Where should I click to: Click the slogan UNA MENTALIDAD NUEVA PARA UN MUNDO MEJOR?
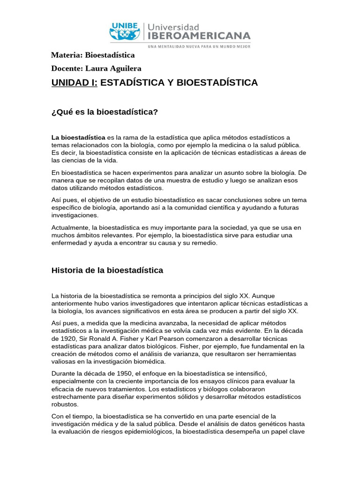point(199,46)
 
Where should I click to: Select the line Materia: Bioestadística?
point(93,55)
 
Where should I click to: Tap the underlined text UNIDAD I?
point(75,83)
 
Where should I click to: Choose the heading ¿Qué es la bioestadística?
point(105,112)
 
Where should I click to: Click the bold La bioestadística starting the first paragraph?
point(78,137)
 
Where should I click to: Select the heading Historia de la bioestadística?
point(107,270)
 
